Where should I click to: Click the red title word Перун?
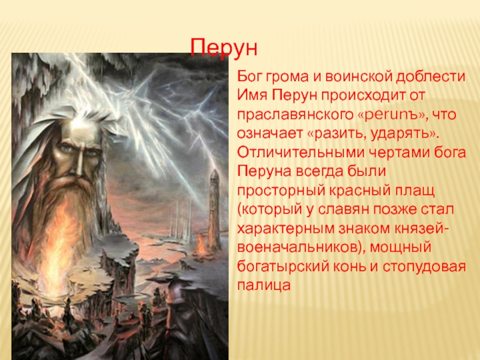(x=223, y=48)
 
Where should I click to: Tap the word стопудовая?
(x=424, y=267)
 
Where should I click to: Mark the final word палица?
(x=263, y=286)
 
